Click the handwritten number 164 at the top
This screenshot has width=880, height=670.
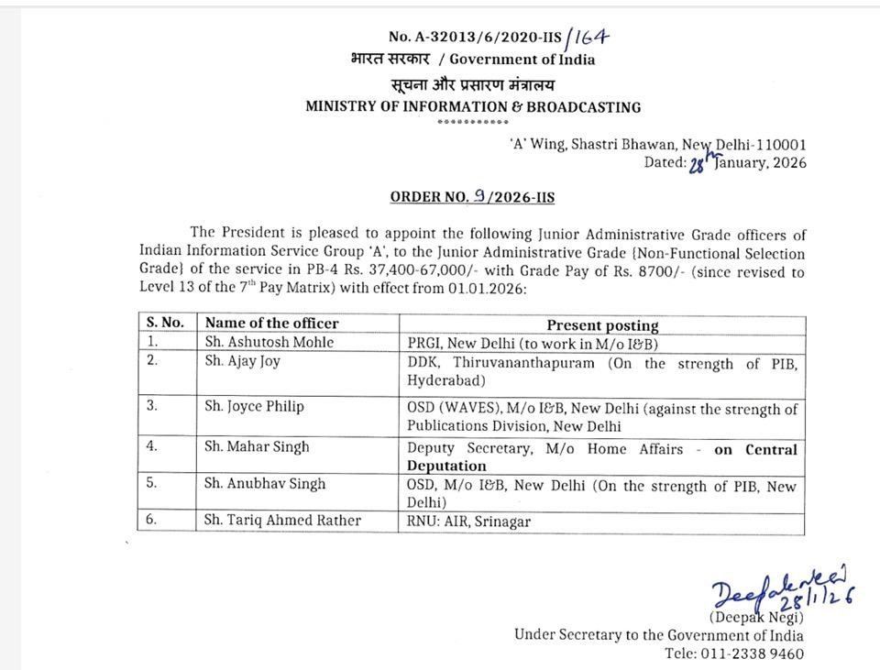pos(589,37)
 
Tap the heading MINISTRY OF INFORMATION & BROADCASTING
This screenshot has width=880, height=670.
pos(473,107)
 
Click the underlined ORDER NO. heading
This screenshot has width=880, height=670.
pos(472,197)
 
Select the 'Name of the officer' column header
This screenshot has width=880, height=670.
pos(272,324)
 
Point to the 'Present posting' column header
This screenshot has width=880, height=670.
pos(602,325)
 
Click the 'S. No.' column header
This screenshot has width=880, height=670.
pos(165,324)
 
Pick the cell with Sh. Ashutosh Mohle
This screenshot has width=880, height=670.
pos(269,342)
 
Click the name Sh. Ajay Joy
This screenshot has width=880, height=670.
pos(243,361)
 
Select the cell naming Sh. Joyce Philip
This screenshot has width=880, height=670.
pos(255,406)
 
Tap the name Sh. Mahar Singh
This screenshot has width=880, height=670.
pos(258,447)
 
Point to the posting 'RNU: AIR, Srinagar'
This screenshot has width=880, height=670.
pos(469,522)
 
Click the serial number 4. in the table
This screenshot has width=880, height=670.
pos(152,447)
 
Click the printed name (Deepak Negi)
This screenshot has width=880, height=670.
pos(756,617)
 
